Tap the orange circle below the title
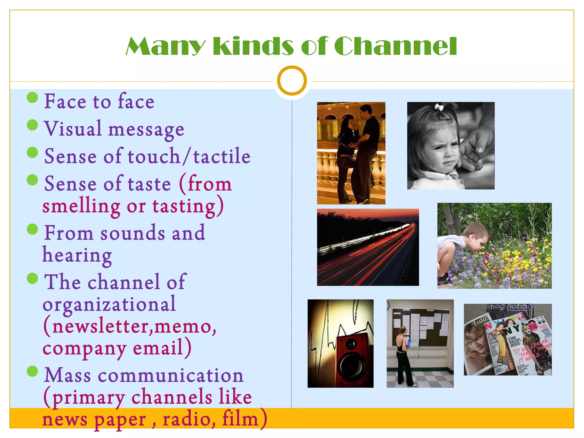[292, 80]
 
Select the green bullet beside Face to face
[33, 98]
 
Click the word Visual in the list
[73, 129]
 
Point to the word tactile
[222, 156]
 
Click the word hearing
[77, 255]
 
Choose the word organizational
[109, 304]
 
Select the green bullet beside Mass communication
[33, 371]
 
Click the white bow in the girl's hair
[439, 107]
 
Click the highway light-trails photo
[368, 247]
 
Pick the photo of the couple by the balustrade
[351, 153]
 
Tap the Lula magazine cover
[478, 345]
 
